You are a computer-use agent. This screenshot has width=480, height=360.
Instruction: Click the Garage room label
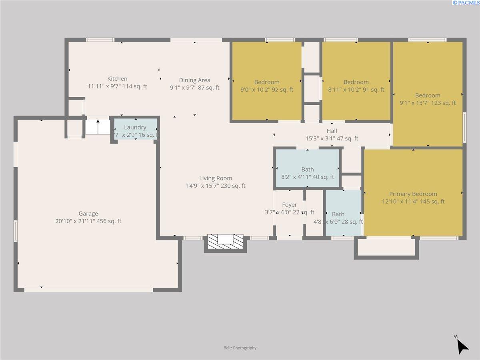tap(88, 214)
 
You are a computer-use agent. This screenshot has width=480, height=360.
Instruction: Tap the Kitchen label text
tap(117, 79)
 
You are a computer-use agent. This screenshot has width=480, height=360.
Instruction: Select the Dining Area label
tap(194, 80)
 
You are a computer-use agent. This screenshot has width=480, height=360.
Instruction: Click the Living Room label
tap(216, 178)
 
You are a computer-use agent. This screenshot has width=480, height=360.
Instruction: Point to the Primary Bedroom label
tap(413, 194)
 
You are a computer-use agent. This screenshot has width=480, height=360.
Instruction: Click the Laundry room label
tap(135, 127)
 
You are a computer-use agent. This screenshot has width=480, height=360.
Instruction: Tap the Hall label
tap(332, 131)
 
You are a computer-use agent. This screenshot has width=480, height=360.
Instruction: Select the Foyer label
tap(289, 205)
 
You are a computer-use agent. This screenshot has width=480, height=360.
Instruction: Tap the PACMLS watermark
tap(466, 3)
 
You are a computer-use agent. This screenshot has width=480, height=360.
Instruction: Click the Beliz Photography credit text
tap(240, 348)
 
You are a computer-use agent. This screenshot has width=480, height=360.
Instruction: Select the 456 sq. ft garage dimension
tap(88, 221)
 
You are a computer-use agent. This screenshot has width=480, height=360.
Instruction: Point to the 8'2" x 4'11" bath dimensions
tap(308, 177)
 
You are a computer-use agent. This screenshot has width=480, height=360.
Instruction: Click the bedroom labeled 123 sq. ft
tap(428, 96)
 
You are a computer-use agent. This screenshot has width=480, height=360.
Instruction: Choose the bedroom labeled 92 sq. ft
tap(267, 82)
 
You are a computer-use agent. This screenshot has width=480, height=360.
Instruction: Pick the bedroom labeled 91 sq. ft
tap(356, 82)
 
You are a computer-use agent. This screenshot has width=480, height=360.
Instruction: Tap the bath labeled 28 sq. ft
tap(338, 214)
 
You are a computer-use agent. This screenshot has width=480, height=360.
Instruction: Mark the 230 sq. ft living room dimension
tap(216, 186)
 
